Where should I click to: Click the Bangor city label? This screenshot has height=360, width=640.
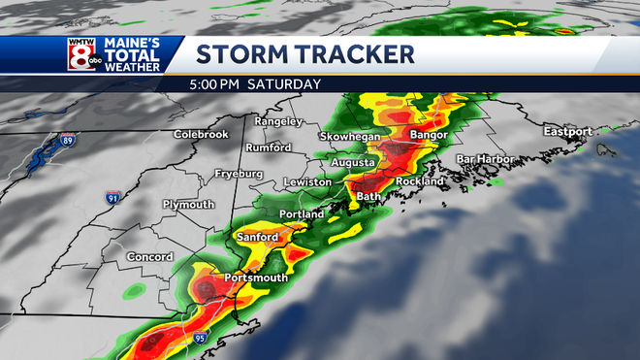tap(428, 134)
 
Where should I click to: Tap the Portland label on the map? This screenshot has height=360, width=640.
tap(300, 213)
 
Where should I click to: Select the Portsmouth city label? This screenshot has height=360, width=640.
tap(256, 278)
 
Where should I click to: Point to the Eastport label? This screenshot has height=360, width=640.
tap(567, 131)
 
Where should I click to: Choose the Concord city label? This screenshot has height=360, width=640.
tap(148, 256)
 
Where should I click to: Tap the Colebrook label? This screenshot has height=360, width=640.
tap(201, 134)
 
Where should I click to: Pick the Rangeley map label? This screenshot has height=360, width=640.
tap(278, 121)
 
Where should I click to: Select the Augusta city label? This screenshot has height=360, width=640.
tap(353, 162)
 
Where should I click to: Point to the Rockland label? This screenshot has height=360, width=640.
tap(420, 180)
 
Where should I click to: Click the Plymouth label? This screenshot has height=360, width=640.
tap(188, 205)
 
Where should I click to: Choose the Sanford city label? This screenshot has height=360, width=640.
tap(257, 237)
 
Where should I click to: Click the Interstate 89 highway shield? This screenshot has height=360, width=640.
tap(67, 141)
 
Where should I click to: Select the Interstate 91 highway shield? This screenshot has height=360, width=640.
tap(114, 197)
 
